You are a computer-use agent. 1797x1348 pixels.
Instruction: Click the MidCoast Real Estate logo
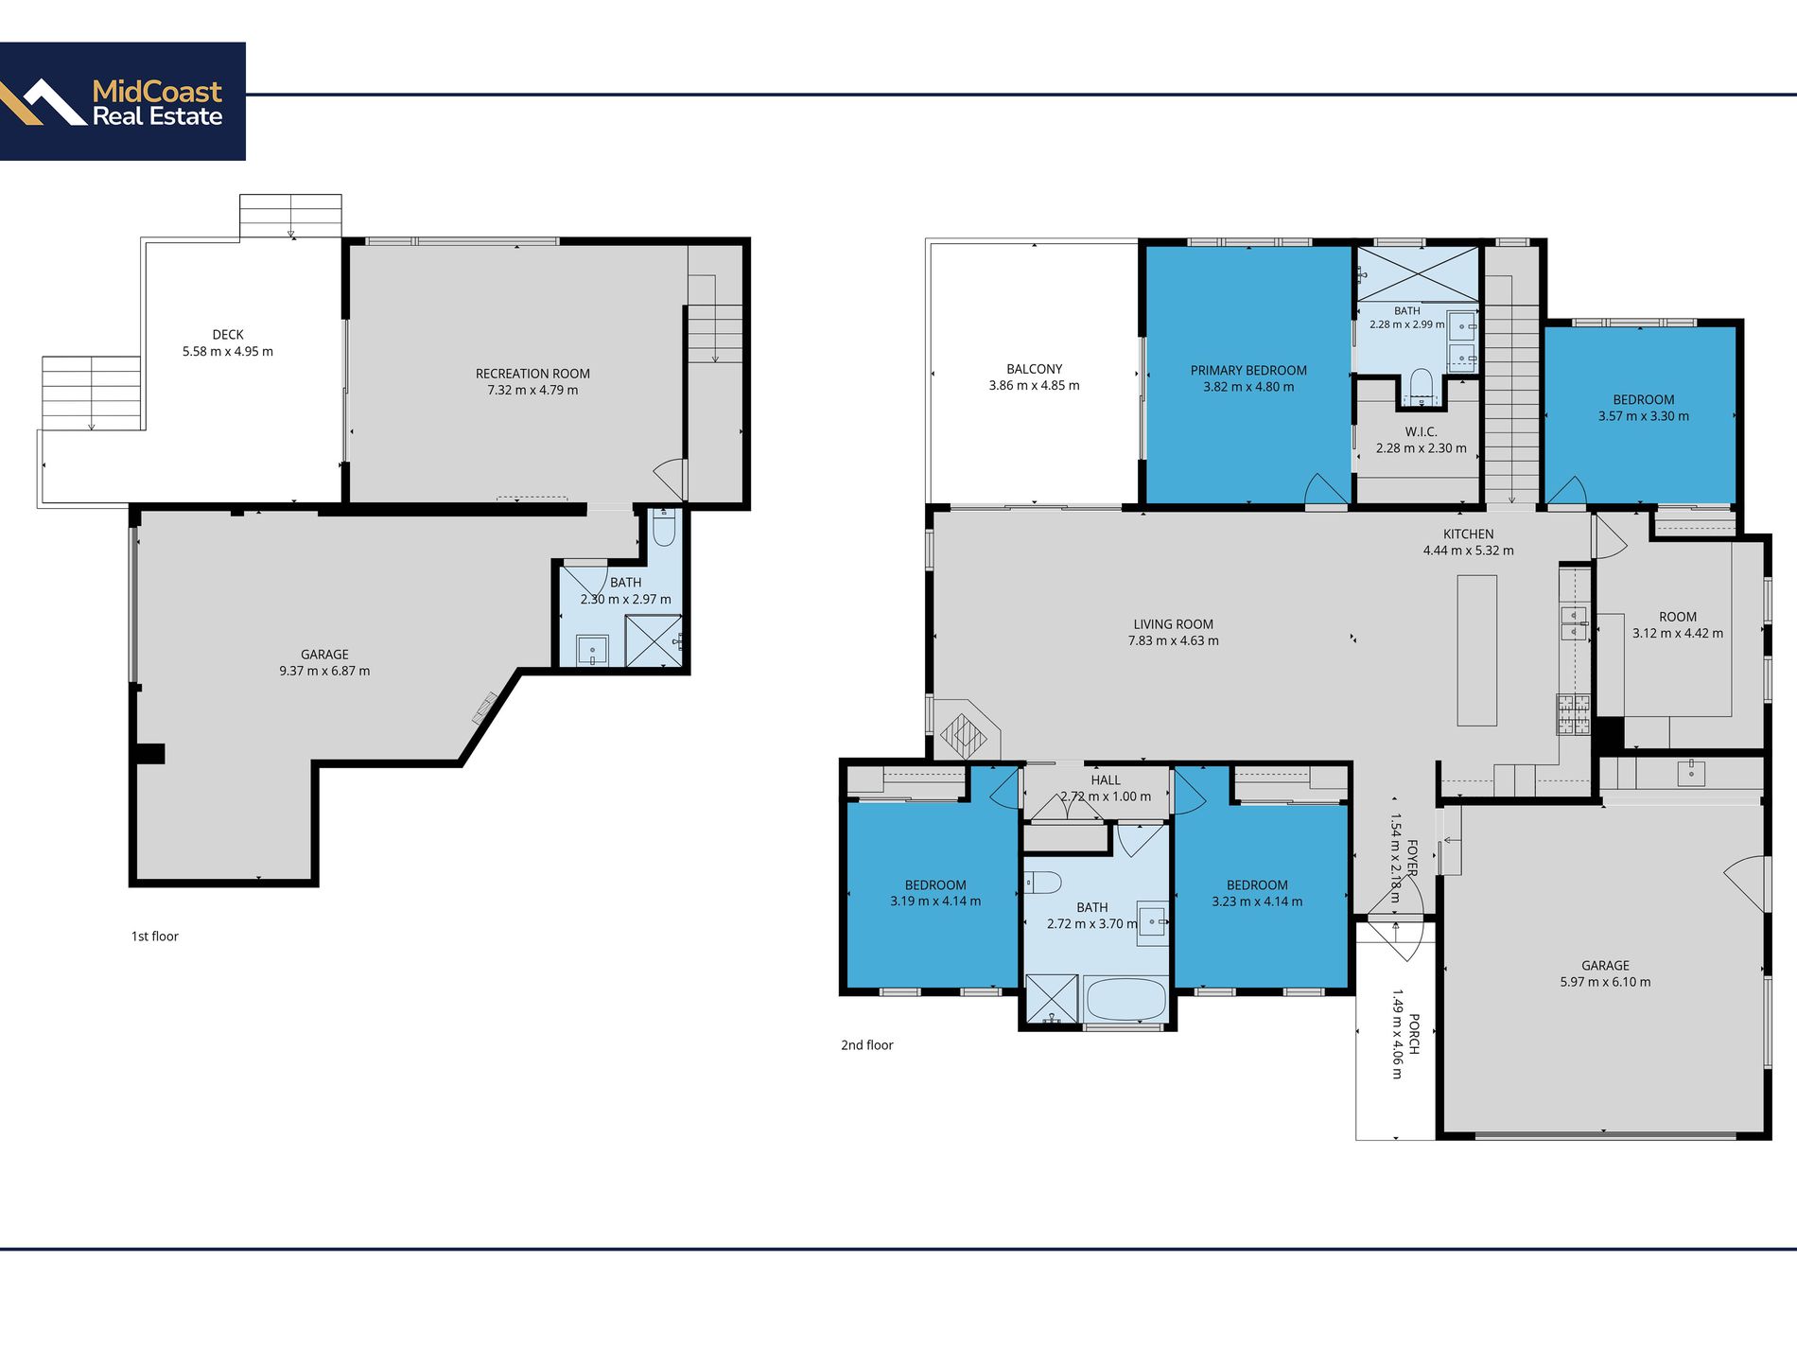[123, 101]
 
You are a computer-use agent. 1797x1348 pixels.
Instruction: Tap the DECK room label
[228, 335]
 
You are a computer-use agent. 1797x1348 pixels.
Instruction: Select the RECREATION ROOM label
[532, 374]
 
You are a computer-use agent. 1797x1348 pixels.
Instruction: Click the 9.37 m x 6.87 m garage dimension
[324, 671]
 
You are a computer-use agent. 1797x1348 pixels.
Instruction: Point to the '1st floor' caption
[155, 937]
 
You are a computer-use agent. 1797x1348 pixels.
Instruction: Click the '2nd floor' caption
[867, 1045]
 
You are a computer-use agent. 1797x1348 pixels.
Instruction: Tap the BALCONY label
[1035, 369]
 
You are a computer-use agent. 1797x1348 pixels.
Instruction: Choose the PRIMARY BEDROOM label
[1248, 371]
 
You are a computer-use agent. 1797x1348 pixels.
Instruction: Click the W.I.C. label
[1421, 432]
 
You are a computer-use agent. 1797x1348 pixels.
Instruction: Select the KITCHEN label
[1469, 534]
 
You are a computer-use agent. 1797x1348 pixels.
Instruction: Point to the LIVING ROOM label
[1174, 624]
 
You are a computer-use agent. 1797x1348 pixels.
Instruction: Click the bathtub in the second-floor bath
[1125, 999]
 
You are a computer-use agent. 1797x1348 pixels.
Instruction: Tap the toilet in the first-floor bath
[664, 529]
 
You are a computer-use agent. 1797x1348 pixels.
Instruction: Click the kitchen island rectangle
[1477, 650]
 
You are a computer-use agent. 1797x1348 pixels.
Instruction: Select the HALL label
[1106, 780]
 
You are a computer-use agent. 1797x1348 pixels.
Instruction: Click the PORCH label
[1414, 1034]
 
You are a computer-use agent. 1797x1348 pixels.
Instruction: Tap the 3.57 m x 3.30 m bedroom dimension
[1644, 416]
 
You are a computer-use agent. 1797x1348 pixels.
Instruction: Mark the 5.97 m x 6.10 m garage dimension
[1606, 982]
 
